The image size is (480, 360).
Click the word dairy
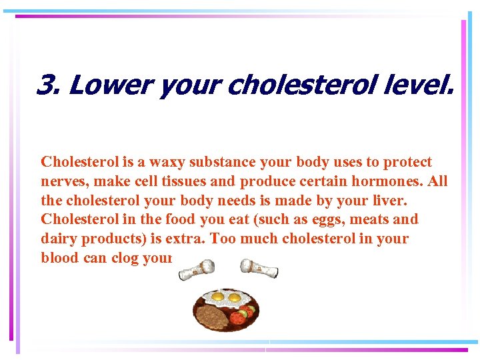[x=58, y=239]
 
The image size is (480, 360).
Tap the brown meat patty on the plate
[x=211, y=314]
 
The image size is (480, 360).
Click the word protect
[x=407, y=162]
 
